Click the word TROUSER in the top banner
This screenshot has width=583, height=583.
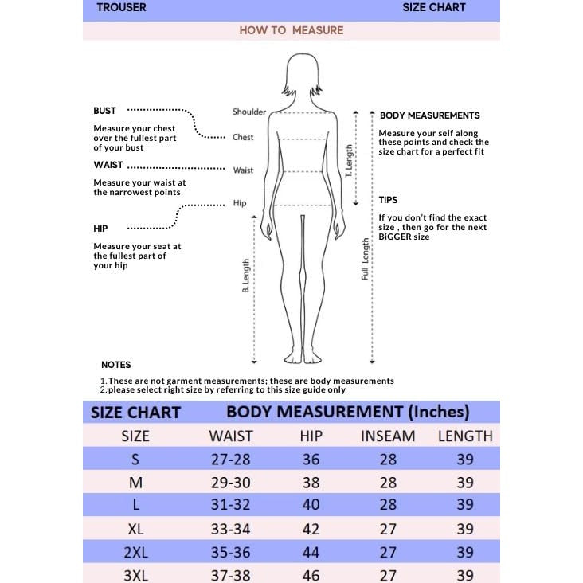pos(121,8)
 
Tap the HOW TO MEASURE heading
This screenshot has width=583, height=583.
pos(291,30)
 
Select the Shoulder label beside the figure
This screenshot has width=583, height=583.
pos(249,112)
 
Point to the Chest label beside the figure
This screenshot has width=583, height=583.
pos(243,137)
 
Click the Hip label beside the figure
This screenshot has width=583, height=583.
pos(240,203)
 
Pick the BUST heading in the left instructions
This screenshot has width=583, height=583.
pos(104,111)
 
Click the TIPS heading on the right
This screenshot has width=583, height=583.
pos(388,200)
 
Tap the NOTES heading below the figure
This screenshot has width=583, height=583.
pos(116,365)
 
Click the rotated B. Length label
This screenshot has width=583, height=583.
pos(246,276)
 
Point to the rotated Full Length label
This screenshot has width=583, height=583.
pos(366,259)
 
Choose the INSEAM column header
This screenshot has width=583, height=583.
pos(388,436)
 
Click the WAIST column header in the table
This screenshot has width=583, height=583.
pos(231,436)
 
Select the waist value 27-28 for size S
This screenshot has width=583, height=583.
pos(231,460)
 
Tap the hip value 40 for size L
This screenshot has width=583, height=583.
pos(311,505)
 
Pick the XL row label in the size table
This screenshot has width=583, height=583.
pos(135,529)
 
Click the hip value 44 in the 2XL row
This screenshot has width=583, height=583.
pos(311,552)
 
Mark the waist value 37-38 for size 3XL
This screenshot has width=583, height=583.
pos(231,575)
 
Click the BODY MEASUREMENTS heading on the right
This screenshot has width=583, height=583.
pos(429,115)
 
